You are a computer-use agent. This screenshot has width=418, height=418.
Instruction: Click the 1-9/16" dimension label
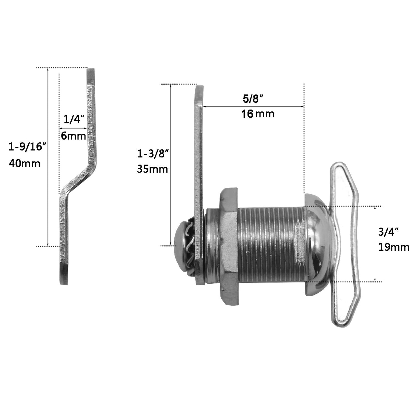point(27,147)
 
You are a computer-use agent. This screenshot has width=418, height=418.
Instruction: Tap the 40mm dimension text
point(24,164)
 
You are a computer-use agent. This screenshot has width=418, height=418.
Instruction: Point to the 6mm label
point(73,136)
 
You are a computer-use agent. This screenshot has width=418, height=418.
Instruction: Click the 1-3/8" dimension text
point(153,154)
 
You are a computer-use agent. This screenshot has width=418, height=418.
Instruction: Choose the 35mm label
point(153,169)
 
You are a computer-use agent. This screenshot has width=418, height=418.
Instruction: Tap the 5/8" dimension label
point(253,99)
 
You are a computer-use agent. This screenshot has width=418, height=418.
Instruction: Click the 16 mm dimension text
point(258,114)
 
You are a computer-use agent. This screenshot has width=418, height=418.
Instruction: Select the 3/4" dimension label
point(388,232)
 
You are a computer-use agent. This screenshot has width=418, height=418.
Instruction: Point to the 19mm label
point(394,247)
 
